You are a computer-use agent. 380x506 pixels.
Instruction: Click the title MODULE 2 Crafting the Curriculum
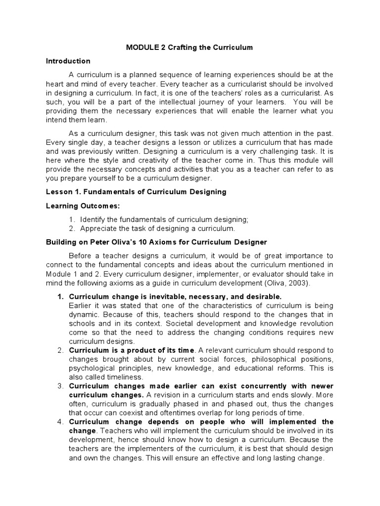(x=190, y=47)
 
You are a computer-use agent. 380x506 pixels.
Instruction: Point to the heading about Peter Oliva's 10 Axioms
(x=156, y=242)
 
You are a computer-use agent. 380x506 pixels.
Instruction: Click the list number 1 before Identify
(x=72, y=219)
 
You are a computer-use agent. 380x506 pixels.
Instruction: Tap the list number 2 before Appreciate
(x=72, y=228)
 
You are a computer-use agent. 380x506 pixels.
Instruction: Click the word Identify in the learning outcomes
(x=93, y=219)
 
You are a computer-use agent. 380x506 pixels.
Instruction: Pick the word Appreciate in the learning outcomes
(x=97, y=228)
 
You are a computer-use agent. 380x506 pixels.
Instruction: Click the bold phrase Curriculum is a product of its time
(x=132, y=350)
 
